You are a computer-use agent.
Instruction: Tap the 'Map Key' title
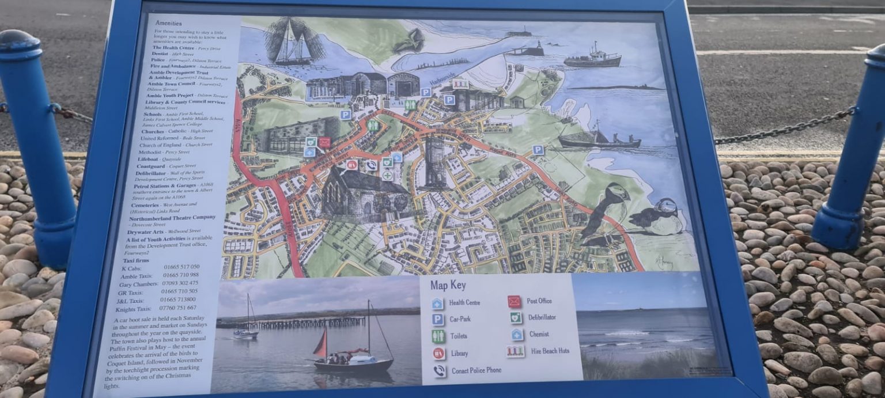pos(448,285)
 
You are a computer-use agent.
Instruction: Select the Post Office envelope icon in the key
pos(514,301)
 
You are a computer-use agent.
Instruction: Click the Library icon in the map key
pos(439,353)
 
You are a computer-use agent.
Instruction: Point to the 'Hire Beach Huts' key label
pos(550,351)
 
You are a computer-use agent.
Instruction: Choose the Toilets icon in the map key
pos(438,336)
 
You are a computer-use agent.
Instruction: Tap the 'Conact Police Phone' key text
pos(476,370)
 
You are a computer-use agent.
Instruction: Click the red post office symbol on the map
pos(324,142)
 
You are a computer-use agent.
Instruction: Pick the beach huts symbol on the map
pos(459,84)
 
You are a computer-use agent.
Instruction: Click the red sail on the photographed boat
pos(322,344)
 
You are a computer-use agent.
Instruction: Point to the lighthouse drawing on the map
pos(540,48)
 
